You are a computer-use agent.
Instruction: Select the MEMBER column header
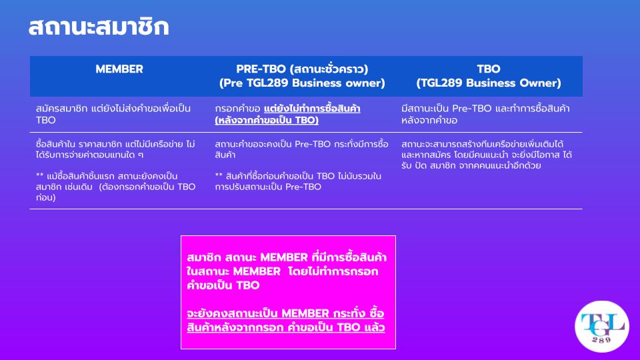coord(119,69)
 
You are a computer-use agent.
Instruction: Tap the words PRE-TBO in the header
coord(261,69)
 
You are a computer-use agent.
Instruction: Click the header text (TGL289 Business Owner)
coord(489,83)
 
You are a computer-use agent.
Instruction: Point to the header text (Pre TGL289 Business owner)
coord(302,83)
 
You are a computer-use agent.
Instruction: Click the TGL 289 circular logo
coord(601,327)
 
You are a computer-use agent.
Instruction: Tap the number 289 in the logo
coord(601,339)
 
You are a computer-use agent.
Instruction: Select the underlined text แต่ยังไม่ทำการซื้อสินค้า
coord(312,109)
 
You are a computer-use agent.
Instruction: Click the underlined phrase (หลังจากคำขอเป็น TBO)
coord(267,120)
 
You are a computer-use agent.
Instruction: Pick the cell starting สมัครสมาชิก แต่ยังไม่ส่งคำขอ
coord(113,114)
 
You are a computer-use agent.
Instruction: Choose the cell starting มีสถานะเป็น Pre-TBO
coord(485,114)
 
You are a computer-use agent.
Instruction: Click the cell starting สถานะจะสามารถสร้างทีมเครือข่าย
coord(487,155)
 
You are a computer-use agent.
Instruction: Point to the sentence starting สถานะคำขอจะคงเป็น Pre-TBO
coord(301,149)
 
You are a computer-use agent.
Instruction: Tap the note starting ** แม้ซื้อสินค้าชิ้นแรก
coord(115,187)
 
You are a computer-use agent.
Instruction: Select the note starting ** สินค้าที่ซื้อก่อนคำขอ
coord(298,181)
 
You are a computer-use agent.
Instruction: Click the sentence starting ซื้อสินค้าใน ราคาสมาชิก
coord(115,149)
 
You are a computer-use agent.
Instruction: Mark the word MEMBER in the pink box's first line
coord(284,257)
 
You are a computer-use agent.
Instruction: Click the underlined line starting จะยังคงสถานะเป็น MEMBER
coord(285,313)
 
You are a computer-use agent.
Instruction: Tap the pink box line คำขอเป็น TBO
coord(223,285)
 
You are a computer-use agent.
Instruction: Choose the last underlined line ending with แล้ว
coord(286,327)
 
